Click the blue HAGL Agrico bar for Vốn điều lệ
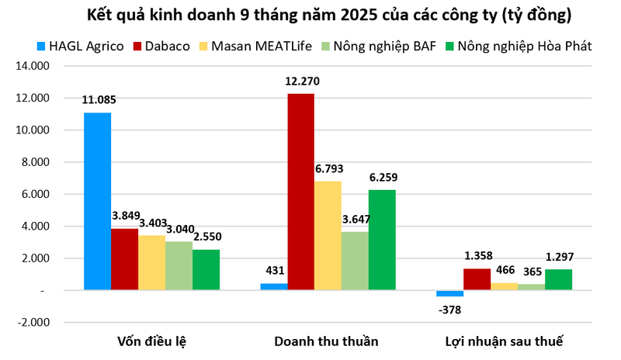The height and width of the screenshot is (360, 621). coord(97,201)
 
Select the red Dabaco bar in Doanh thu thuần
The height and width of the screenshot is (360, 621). coord(300,192)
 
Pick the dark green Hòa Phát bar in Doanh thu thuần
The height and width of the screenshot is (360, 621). coord(382,240)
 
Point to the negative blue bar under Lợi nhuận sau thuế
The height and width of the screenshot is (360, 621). coord(449,293)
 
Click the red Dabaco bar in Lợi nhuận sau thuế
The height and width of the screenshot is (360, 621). coord(477,279)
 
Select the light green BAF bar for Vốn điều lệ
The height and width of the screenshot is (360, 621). coord(179,265)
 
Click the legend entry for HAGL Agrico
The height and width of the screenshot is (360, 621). coord(80,46)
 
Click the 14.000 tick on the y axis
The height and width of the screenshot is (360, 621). coord(32,66)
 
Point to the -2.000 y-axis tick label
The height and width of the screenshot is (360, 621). coord(32,322)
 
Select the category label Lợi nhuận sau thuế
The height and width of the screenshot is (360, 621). coord(504,341)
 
